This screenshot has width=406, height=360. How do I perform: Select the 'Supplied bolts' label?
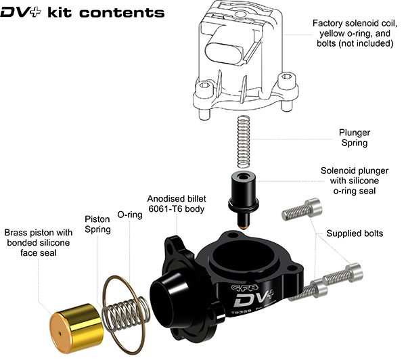coord(355,233)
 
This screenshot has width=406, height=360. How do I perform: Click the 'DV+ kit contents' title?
coord(82,12)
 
